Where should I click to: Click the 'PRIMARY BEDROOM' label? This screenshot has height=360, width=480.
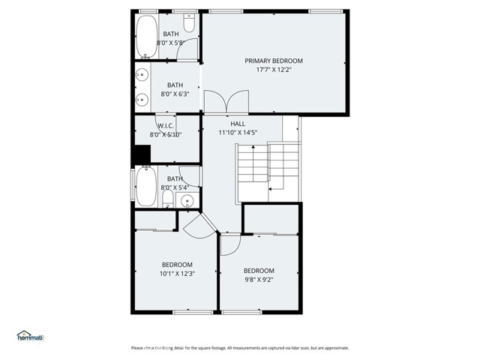274,60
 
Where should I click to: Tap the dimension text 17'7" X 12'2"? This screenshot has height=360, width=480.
274,70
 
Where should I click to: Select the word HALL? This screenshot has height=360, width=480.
238,123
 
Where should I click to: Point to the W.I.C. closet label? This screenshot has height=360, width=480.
166,125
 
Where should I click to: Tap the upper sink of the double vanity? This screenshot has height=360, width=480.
140,76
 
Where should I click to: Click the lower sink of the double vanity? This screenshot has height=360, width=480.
140,97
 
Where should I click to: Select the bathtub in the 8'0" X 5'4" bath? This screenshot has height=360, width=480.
146,187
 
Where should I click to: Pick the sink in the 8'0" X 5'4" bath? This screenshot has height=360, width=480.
187,200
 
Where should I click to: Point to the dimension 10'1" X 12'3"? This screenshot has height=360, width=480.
177,274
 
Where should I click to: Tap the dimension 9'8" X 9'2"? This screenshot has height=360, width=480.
259,280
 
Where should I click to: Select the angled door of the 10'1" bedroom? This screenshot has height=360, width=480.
197,225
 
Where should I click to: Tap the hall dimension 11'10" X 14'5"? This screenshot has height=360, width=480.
238,133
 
